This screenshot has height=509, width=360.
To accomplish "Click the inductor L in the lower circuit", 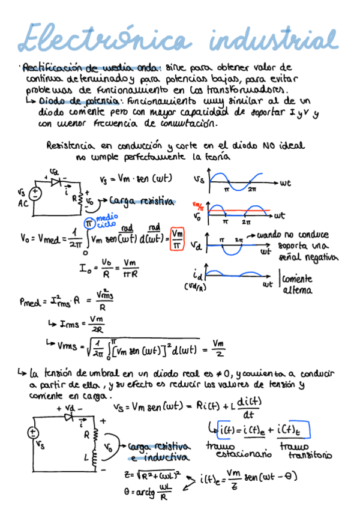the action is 94,458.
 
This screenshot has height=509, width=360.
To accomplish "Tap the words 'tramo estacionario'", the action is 232,451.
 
